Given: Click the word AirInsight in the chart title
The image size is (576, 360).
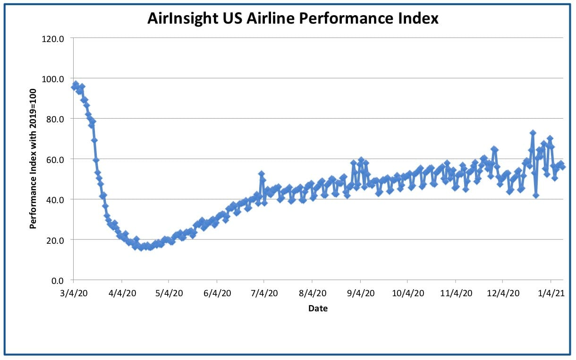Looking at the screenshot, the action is point(183,18).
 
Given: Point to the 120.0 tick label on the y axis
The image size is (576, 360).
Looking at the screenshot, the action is point(53,39).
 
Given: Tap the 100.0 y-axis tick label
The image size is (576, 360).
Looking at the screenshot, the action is point(53,79).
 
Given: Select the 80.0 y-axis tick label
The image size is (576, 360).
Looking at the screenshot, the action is point(55,120).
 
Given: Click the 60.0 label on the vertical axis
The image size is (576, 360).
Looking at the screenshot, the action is point(55,160).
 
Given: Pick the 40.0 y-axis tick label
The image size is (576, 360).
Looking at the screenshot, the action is point(55,200).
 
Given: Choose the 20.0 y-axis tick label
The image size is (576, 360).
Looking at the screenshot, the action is point(55,240).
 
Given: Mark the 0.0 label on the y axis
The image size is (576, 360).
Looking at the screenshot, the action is point(57,281).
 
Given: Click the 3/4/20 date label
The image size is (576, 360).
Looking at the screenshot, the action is point(74,293).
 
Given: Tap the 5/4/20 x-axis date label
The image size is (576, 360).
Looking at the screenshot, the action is point(169,293).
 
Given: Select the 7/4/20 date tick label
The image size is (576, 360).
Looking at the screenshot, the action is point(264,293).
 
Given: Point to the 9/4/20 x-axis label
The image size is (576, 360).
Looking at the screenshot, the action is point(361,293).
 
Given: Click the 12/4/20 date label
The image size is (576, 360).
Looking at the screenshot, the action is point(503,293).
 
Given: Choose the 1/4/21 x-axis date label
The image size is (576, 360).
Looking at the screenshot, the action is point(551,293).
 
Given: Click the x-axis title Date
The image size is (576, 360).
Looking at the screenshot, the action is point(318,309).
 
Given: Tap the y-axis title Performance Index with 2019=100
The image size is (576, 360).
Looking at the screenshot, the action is point(33,159).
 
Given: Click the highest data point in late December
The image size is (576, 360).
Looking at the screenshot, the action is point(533,133).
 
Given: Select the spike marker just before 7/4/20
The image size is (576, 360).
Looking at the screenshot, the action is point(262,174).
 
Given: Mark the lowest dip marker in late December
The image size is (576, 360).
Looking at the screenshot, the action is point(535,195).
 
